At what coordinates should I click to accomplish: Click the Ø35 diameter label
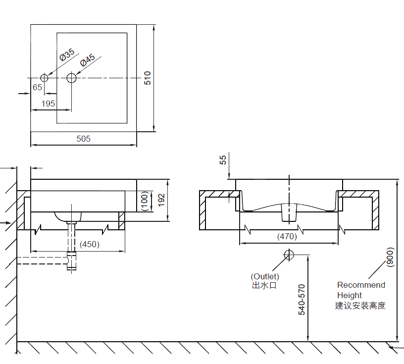[67, 54]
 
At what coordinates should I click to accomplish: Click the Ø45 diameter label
[88, 60]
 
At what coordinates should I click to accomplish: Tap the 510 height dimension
[148, 78]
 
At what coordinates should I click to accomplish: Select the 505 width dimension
[84, 139]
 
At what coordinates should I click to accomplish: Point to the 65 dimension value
[37, 87]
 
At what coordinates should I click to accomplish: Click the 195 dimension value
[48, 104]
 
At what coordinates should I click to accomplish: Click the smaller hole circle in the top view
[44, 78]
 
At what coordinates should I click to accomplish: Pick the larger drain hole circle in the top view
[71, 78]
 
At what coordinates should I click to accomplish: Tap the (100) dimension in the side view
[145, 201]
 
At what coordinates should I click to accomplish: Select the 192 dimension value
[161, 200]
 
